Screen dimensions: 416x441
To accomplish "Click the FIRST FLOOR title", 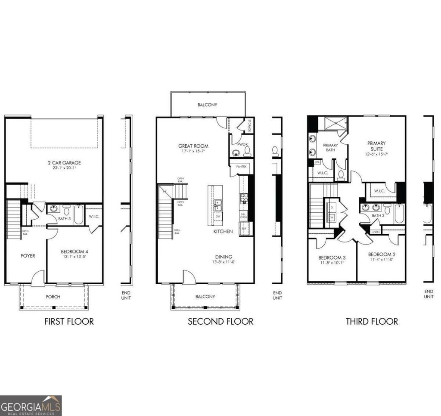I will (69, 321).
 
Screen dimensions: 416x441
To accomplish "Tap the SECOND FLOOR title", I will (220, 321).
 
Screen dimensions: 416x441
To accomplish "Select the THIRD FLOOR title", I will (372, 321).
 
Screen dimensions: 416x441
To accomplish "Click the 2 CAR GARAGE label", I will (64, 163).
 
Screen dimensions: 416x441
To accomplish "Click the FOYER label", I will (28, 256).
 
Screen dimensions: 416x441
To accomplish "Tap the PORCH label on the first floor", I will (53, 297).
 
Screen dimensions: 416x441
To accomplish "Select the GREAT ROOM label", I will (193, 146).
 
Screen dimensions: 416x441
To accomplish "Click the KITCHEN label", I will (223, 231).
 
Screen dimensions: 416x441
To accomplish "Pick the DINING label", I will (224, 256).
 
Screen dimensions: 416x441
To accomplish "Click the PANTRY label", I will (241, 166).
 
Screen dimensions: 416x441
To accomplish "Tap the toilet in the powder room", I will (247, 150).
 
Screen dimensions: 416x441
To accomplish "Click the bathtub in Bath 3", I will (78, 214).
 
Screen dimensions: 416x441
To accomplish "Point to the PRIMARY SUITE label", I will (376, 146).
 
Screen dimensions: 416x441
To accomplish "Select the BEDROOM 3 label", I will (332, 258).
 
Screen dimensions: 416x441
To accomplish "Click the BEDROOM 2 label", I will (381, 254).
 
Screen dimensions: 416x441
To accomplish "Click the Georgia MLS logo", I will (31, 405).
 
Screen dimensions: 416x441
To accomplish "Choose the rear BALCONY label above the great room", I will (207, 105).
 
